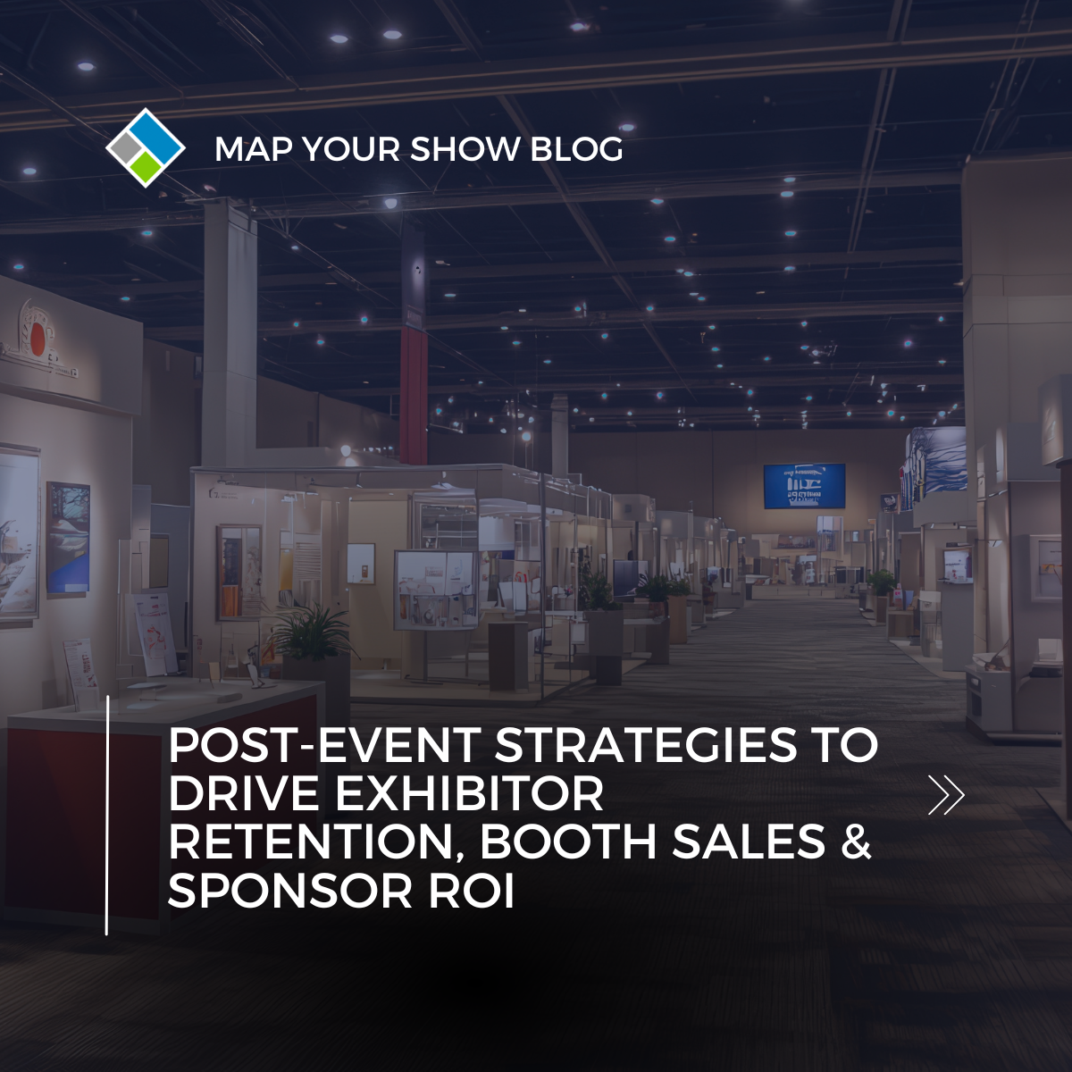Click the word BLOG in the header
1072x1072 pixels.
click(x=576, y=149)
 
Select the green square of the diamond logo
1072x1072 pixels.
click(x=147, y=167)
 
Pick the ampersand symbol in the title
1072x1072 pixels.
click(x=856, y=842)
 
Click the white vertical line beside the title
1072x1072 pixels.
click(x=106, y=815)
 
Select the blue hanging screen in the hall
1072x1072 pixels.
click(x=804, y=486)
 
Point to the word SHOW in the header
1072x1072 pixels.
click(x=465, y=149)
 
